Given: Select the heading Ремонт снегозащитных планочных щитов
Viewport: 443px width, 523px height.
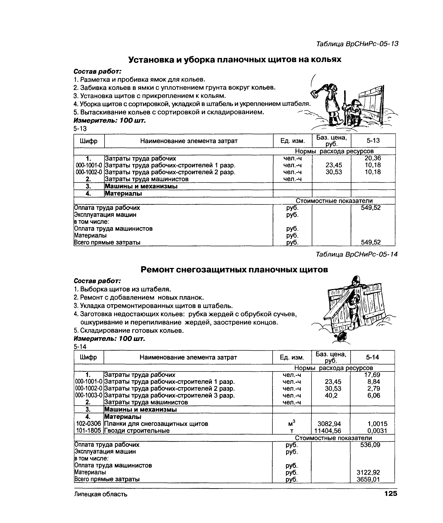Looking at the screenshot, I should pos(234,269).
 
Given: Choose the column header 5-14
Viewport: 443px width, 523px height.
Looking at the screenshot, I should pos(372,357).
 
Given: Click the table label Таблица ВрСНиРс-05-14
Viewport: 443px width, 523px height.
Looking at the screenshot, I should pos(356,254).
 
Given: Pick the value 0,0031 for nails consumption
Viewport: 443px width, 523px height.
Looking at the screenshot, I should pos(377,431).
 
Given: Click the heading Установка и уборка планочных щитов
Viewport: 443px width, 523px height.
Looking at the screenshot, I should pos(235,59).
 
